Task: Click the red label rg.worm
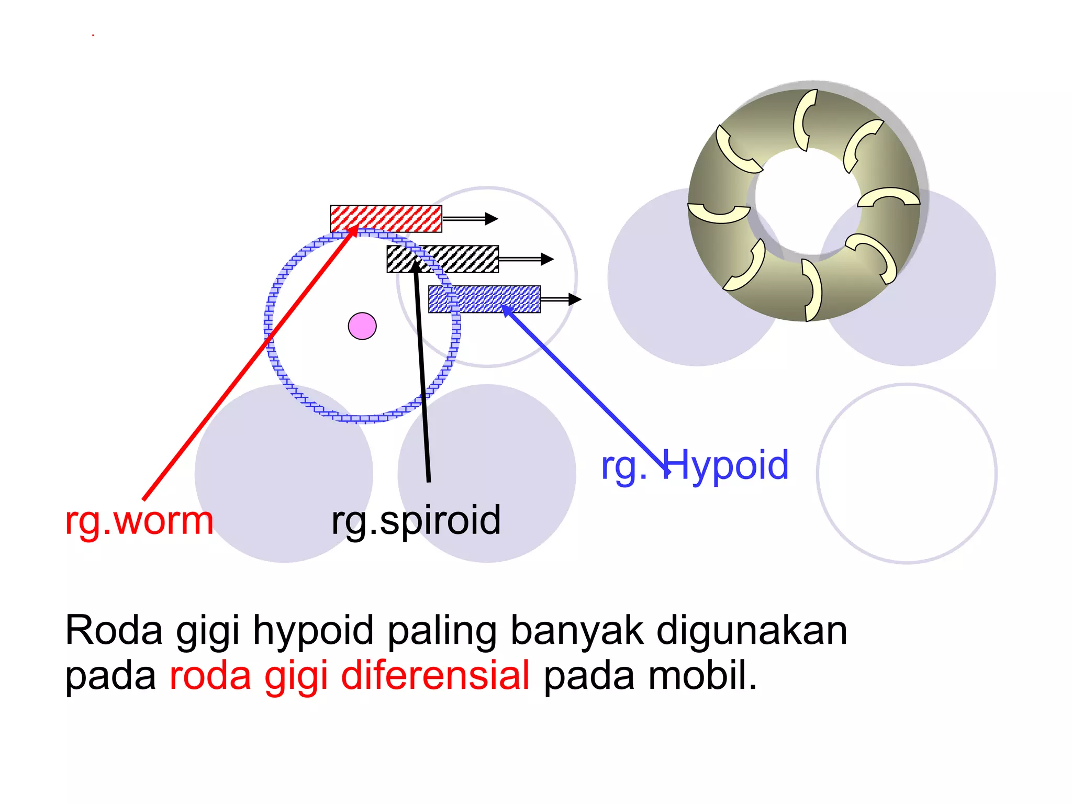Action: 139,521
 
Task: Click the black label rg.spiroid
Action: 416,520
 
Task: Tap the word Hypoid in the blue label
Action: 725,465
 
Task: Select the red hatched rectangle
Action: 386,219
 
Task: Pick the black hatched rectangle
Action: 443,259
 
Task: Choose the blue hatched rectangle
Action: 484,299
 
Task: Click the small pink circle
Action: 362,326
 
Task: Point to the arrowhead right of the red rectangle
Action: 490,219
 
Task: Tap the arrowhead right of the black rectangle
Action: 546,259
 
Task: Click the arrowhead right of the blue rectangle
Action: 574,299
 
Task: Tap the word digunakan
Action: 752,630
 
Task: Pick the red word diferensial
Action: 435,675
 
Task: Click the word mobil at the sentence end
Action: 701,675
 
